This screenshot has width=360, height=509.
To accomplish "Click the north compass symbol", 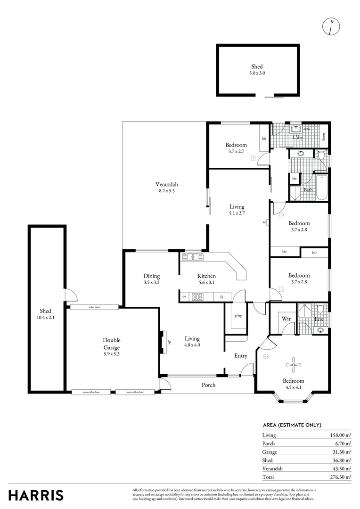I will [x=331, y=27].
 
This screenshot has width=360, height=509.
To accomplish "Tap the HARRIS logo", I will [x=36, y=495].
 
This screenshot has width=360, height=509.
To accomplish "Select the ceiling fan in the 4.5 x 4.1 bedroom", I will [x=294, y=362].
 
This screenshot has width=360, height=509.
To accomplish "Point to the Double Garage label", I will [x=112, y=344].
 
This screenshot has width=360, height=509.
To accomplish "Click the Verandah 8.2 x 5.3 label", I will [x=167, y=188].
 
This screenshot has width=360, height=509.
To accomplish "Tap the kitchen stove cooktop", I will [x=198, y=297].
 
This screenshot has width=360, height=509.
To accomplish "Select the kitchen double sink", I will [x=192, y=257].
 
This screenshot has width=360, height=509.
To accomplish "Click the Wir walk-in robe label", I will [x=286, y=319].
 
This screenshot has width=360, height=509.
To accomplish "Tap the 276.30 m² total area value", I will [x=341, y=477].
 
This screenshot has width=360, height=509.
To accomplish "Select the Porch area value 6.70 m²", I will [x=342, y=443].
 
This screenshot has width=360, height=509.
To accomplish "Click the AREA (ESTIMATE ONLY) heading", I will [x=292, y=425].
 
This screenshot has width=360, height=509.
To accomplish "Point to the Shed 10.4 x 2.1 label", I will [x=45, y=314].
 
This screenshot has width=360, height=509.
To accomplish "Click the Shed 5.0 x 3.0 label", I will [x=257, y=70].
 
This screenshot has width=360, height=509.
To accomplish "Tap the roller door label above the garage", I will [x=95, y=307].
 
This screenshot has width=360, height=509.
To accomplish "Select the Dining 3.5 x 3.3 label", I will [x=151, y=279].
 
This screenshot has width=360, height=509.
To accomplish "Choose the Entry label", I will [x=241, y=356].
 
